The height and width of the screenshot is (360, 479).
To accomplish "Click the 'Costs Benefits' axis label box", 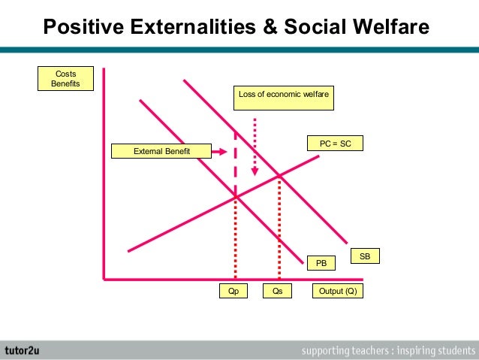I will point(65,78).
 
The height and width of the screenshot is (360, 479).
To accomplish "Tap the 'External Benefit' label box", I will point(161,152).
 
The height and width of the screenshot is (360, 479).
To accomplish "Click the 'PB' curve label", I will point(321,263).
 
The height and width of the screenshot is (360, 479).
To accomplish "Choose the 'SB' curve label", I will point(365,257).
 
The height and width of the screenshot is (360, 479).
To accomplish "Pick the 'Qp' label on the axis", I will point(233,292).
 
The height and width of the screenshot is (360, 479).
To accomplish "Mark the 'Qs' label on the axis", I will point(278,292).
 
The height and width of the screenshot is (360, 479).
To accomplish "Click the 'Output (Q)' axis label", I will point(337,292).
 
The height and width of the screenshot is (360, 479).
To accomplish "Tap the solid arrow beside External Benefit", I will point(218,152).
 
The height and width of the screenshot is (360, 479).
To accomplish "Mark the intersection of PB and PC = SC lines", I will point(236,196).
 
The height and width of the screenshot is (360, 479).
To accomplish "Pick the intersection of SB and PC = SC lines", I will point(279,176).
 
